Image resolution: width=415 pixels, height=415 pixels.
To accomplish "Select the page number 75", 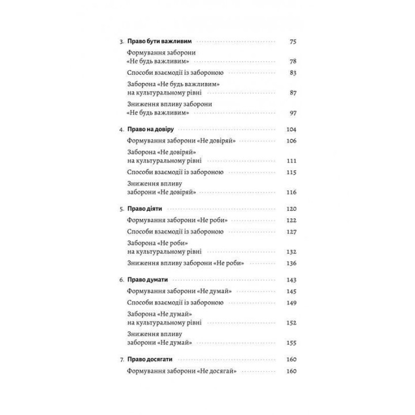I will click(x=292, y=42).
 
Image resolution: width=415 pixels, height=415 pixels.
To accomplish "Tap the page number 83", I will click(x=292, y=73).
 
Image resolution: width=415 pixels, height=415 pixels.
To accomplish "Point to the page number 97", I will click(x=292, y=114).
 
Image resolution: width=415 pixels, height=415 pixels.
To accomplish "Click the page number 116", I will click(x=290, y=192).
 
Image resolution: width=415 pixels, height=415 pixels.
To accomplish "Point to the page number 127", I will click(x=290, y=231).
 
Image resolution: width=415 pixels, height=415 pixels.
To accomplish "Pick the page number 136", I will click(x=290, y=263).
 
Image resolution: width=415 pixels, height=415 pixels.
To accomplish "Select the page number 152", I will click(x=290, y=322).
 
